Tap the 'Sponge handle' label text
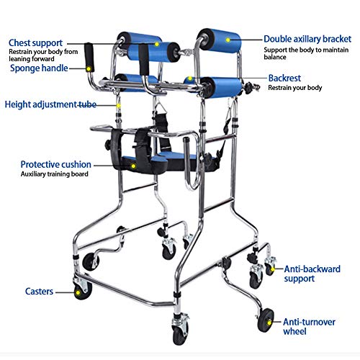coord(39,68)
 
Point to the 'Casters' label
coord(37,292)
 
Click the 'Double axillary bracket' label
coord(305,38)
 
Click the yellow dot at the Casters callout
coord(78,292)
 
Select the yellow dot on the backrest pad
coord(190,81)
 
